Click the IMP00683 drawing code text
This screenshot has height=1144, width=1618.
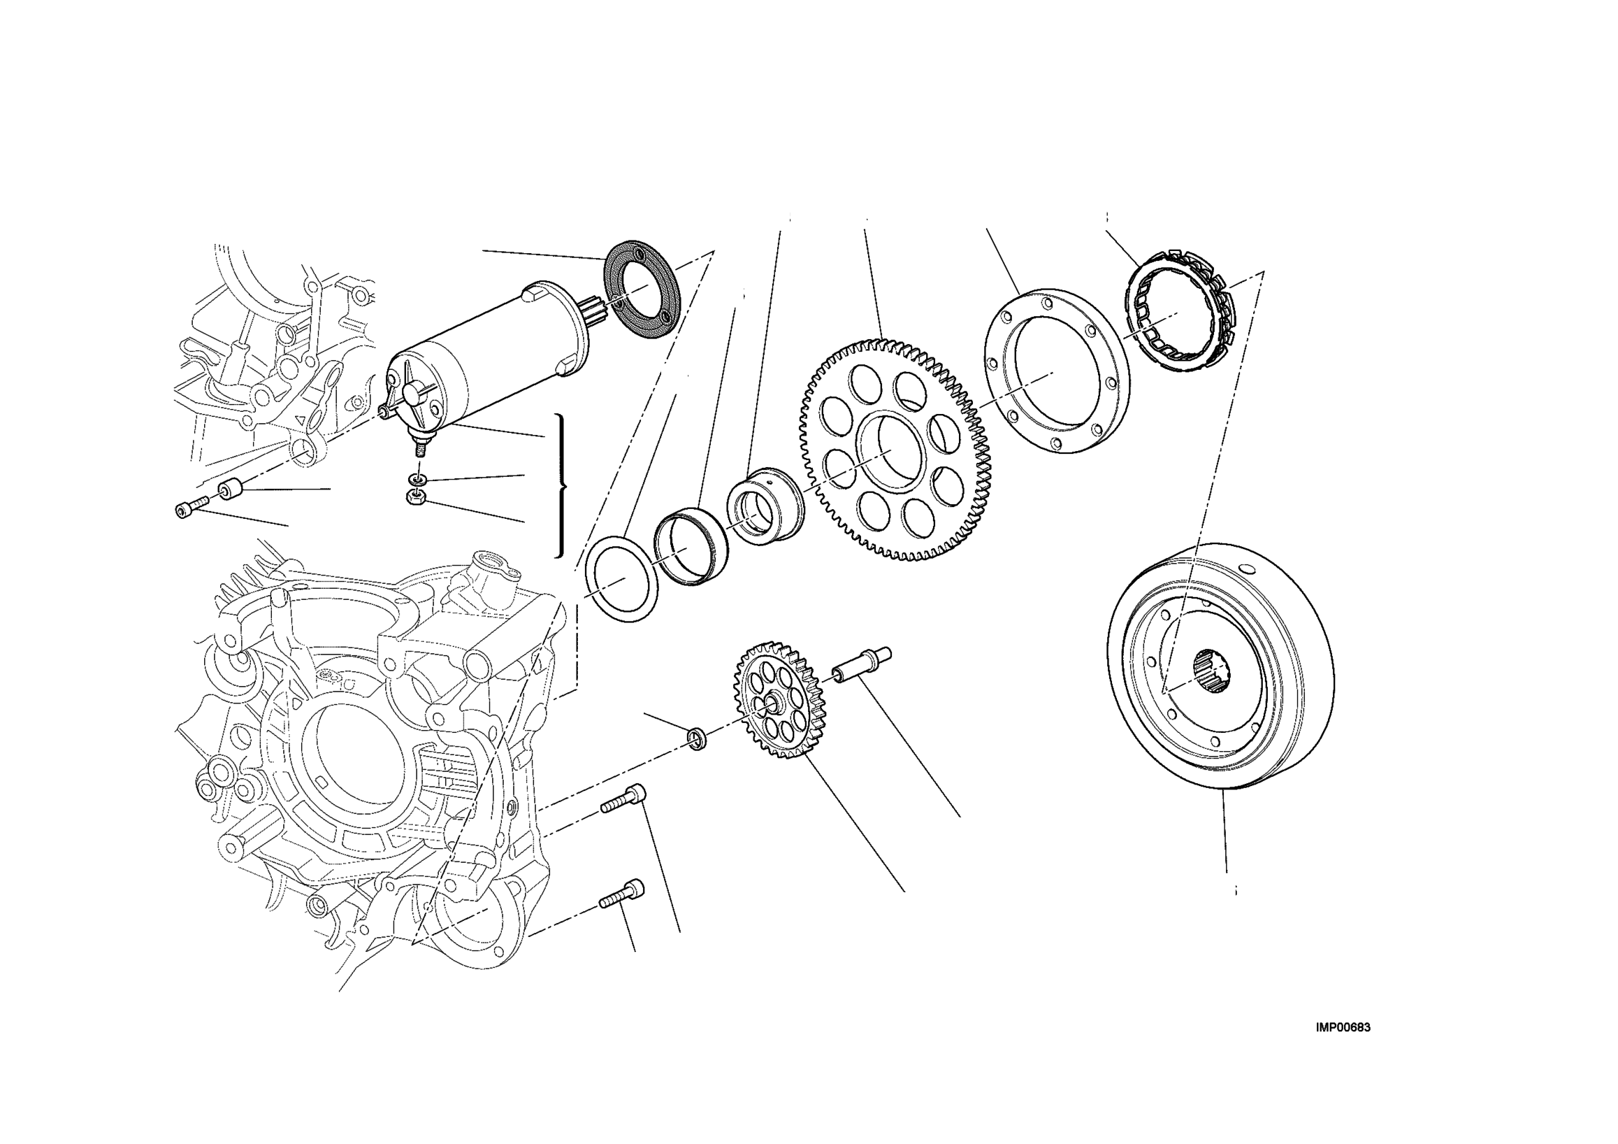click(x=1343, y=1028)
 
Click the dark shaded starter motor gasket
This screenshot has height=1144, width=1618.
click(x=642, y=289)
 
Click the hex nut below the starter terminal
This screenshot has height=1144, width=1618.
click(x=416, y=498)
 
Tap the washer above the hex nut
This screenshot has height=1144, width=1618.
click(x=418, y=480)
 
